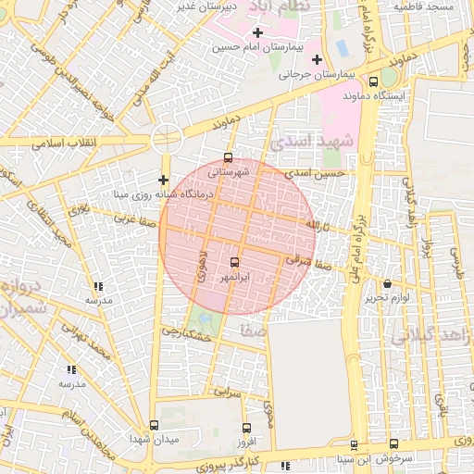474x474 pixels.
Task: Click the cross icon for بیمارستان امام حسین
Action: click(257, 33)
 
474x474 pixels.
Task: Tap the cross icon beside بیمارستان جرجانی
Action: click(317, 59)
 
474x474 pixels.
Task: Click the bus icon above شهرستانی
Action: click(229, 157)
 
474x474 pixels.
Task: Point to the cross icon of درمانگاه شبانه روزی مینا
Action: click(163, 180)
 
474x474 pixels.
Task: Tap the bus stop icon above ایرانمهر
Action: click(233, 263)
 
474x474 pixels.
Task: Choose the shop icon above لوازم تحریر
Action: click(387, 284)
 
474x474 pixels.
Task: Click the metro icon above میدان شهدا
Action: click(153, 423)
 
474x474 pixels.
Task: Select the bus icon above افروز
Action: click(245, 428)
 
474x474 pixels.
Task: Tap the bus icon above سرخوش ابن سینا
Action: click(393, 444)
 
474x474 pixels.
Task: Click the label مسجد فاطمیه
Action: click(422, 6)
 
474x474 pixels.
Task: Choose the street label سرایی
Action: click(228, 393)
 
